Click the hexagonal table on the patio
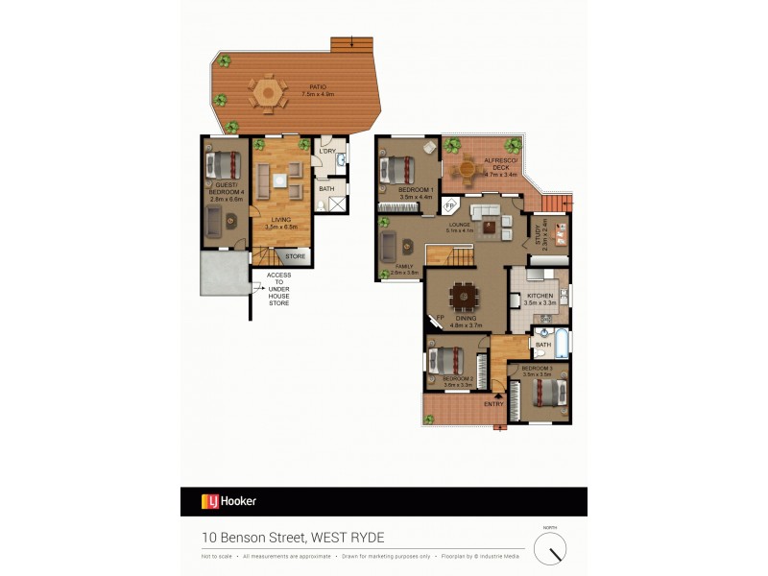(x=268, y=94)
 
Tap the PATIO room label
(x=303, y=86)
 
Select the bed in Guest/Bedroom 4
(x=226, y=164)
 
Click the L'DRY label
(x=327, y=152)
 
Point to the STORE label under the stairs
(x=296, y=256)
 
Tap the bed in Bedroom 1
(x=398, y=170)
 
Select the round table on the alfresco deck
(x=466, y=169)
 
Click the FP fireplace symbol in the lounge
(x=449, y=204)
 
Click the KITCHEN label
(x=540, y=295)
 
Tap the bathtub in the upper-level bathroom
(x=562, y=343)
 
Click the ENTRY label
(x=493, y=404)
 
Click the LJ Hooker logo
(x=228, y=500)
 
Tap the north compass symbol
(x=550, y=548)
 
